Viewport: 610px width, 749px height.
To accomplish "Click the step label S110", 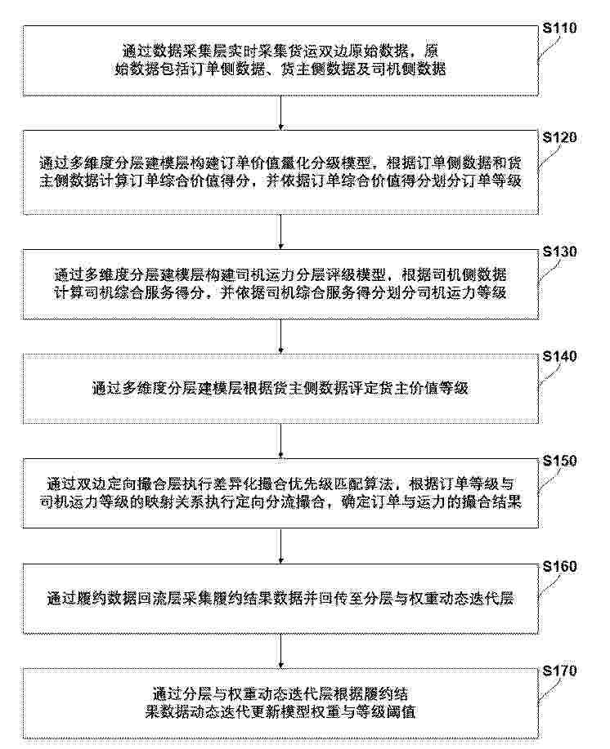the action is tap(559, 28).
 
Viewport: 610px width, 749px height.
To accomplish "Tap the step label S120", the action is tap(559, 137).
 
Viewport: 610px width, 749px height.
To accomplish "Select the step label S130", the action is tap(559, 252).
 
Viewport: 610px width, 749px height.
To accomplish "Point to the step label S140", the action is tap(559, 356).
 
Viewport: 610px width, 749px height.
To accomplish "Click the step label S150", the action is tap(559, 461).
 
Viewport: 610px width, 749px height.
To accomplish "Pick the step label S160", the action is tap(559, 567).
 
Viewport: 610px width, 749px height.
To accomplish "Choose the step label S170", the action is tap(559, 671).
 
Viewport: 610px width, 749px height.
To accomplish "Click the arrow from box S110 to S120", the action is tap(280, 113).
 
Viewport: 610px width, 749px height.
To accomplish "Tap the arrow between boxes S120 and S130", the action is tap(280, 231).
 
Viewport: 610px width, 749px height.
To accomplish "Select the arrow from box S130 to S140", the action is tap(280, 337).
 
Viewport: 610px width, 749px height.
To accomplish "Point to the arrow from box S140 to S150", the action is tap(280, 441).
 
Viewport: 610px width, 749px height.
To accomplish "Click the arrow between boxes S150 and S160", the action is tap(280, 546).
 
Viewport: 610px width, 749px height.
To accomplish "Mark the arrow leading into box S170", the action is tap(280, 651).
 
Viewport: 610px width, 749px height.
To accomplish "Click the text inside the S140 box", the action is tap(280, 388).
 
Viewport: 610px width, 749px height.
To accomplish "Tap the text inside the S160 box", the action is tap(280, 598).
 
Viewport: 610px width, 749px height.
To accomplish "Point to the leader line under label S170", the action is tap(549, 691).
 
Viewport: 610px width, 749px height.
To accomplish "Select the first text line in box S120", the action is tap(280, 163).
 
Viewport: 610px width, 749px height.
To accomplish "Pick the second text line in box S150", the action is tap(280, 502).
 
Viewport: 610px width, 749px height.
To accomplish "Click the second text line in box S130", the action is tap(280, 292).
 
